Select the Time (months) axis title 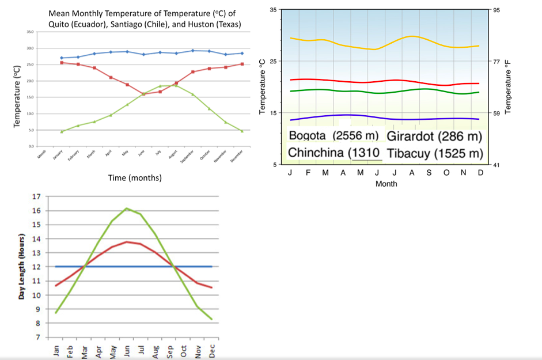135,178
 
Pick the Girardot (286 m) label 434,136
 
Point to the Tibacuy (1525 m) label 435,153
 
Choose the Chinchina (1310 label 333,153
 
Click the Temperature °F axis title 508,86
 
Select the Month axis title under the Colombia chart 385,184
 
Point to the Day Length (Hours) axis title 21,267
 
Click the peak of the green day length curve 127,209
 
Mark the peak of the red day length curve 127,242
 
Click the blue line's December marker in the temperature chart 242,53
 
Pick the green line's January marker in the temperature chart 62,131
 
